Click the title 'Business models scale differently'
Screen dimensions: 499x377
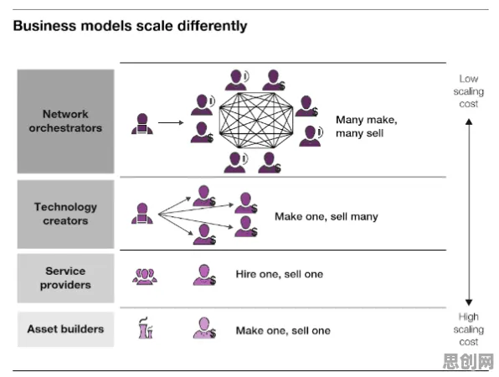[x=130, y=26]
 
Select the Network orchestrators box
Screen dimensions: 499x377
[x=65, y=121]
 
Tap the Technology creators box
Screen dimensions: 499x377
[x=65, y=214]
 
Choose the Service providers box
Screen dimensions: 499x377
[x=65, y=278]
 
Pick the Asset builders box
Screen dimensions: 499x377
[x=65, y=329]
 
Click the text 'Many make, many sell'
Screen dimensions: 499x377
[x=366, y=127]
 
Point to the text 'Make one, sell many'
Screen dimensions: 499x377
[x=327, y=217]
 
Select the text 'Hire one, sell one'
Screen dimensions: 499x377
[x=280, y=274]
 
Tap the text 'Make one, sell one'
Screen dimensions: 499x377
[x=283, y=331]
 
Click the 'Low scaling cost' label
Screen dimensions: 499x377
[x=469, y=91]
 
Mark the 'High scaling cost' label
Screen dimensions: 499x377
[x=469, y=329]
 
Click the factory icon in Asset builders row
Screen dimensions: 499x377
[x=146, y=328]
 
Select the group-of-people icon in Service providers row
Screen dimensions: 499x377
[x=145, y=276]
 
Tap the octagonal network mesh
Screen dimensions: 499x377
[x=256, y=120]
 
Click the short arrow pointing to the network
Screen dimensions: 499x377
[x=171, y=122]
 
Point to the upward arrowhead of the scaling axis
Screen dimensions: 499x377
[x=469, y=121]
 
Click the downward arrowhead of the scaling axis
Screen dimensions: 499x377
[x=469, y=302]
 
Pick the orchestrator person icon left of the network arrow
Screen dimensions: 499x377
[x=142, y=124]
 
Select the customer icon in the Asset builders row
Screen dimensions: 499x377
[x=204, y=328]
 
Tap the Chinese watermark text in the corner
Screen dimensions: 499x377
[x=469, y=361]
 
